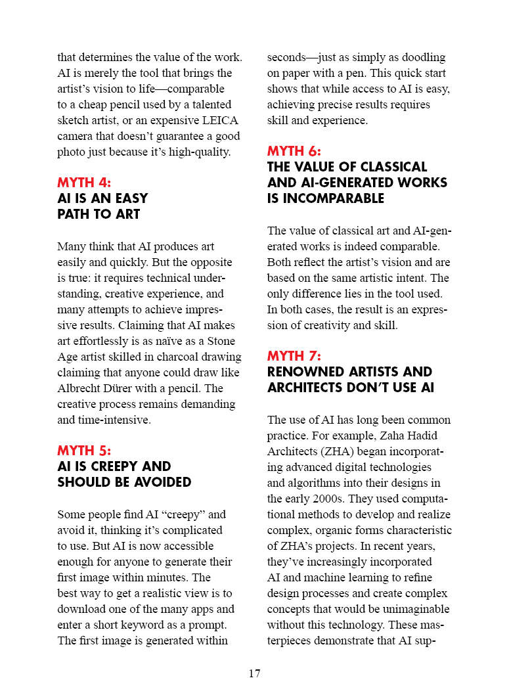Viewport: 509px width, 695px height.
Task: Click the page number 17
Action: [255, 673]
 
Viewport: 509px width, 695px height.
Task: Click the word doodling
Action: [417, 57]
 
